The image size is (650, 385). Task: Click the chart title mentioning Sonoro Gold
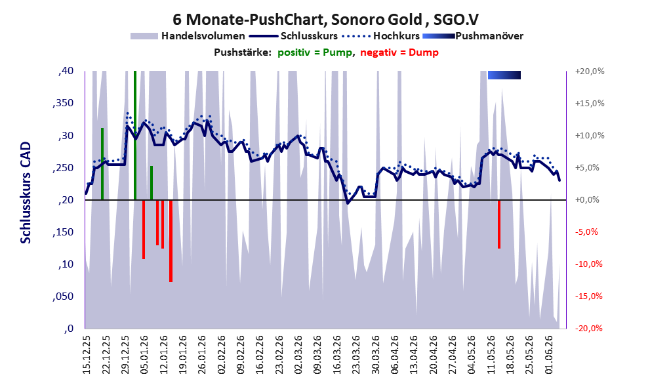pyautogui.click(x=325, y=19)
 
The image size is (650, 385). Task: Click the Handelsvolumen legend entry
pyautogui.click(x=188, y=36)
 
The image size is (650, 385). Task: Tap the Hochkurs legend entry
pyautogui.click(x=380, y=36)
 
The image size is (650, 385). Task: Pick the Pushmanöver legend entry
pyautogui.click(x=473, y=36)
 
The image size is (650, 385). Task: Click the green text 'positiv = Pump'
pyautogui.click(x=315, y=52)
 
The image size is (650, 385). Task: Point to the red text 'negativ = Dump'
pyautogui.click(x=399, y=52)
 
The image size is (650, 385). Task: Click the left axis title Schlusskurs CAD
pyautogui.click(x=26, y=193)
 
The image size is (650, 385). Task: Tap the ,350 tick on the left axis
pyautogui.click(x=63, y=103)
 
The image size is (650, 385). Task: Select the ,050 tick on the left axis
pyautogui.click(x=63, y=296)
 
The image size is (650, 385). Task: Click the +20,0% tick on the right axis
pyautogui.click(x=590, y=71)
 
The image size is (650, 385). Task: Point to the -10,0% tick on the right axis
pyautogui.click(x=588, y=264)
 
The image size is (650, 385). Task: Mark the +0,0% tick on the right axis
pyautogui.click(x=587, y=200)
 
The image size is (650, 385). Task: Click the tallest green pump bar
pyautogui.click(x=135, y=136)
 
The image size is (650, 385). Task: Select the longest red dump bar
pyautogui.click(x=171, y=241)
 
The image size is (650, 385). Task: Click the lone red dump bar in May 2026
pyautogui.click(x=499, y=224)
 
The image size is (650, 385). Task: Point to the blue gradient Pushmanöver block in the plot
pyautogui.click(x=504, y=75)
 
